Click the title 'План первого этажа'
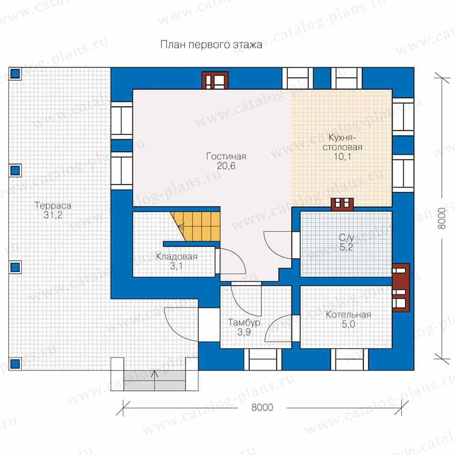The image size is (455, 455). pyautogui.click(x=211, y=44)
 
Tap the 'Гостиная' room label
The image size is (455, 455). pyautogui.click(x=226, y=156)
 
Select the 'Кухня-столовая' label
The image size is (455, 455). pyautogui.click(x=342, y=142)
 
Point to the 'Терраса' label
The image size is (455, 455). pyautogui.click(x=53, y=205)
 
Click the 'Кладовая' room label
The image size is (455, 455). pyautogui.click(x=176, y=256)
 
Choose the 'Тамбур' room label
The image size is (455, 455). pyautogui.click(x=244, y=323)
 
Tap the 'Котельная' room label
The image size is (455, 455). pyautogui.click(x=348, y=314)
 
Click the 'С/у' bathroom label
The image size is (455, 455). pyautogui.click(x=346, y=238)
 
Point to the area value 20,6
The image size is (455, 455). pyautogui.click(x=226, y=166)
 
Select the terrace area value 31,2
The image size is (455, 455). pyautogui.click(x=53, y=215)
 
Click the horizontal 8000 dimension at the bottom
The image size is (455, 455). pyautogui.click(x=262, y=407)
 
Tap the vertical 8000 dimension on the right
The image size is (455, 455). pyautogui.click(x=441, y=218)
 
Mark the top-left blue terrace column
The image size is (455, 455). pyautogui.click(x=15, y=74)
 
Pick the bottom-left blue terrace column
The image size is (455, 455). pyautogui.click(x=15, y=363)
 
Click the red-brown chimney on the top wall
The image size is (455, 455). pyautogui.click(x=215, y=80)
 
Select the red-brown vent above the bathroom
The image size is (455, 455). pyautogui.click(x=342, y=204)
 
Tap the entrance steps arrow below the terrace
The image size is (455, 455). pyautogui.click(x=155, y=380)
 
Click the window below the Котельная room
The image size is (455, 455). pyautogui.click(x=349, y=359)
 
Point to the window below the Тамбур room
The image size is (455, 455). pyautogui.click(x=262, y=359)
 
